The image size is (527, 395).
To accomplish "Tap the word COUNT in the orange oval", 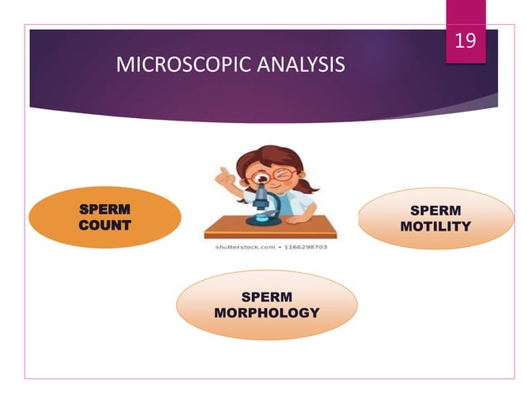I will [104, 225].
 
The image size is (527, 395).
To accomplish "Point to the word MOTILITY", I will [435, 226].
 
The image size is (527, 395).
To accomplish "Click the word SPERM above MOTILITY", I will [435, 210].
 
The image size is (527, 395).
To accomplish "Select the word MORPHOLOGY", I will [266, 312].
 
